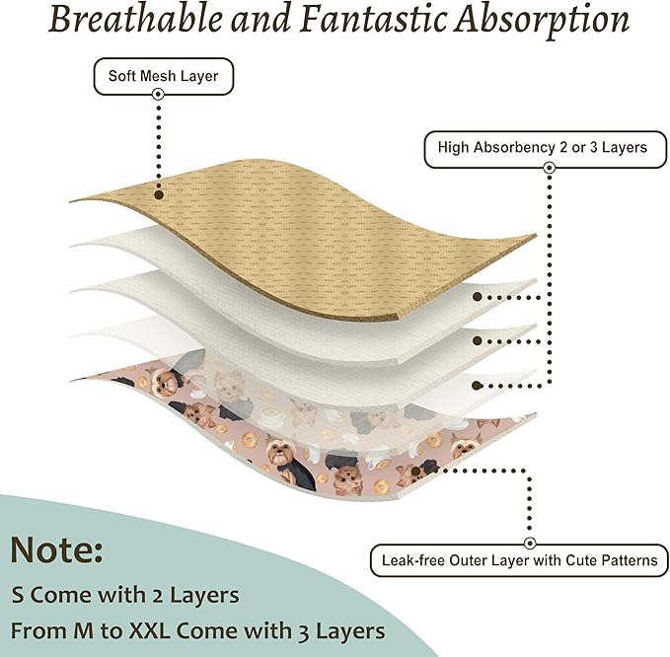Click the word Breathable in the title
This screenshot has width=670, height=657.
pyautogui.click(x=135, y=19)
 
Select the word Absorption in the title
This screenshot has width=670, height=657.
pyautogui.click(x=542, y=22)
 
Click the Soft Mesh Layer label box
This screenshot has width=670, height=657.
pyautogui.click(x=163, y=76)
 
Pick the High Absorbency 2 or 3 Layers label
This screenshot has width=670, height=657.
pyautogui.click(x=546, y=149)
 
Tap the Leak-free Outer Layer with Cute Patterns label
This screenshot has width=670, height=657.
pyautogui.click(x=519, y=560)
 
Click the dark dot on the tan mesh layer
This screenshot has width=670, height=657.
pyautogui.click(x=159, y=195)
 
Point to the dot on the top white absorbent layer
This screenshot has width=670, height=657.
pyautogui.click(x=478, y=297)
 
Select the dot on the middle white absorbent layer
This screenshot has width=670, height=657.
pyautogui.click(x=478, y=341)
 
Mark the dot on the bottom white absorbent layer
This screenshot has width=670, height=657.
pyautogui.click(x=478, y=386)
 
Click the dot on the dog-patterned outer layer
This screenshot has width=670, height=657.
pyautogui.click(x=415, y=472)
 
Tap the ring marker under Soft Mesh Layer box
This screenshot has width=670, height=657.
pyautogui.click(x=158, y=94)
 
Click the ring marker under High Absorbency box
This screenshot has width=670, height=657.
pyautogui.click(x=550, y=168)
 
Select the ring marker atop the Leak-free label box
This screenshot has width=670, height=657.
pyautogui.click(x=530, y=544)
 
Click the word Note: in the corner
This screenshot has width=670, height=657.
pyautogui.click(x=56, y=549)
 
